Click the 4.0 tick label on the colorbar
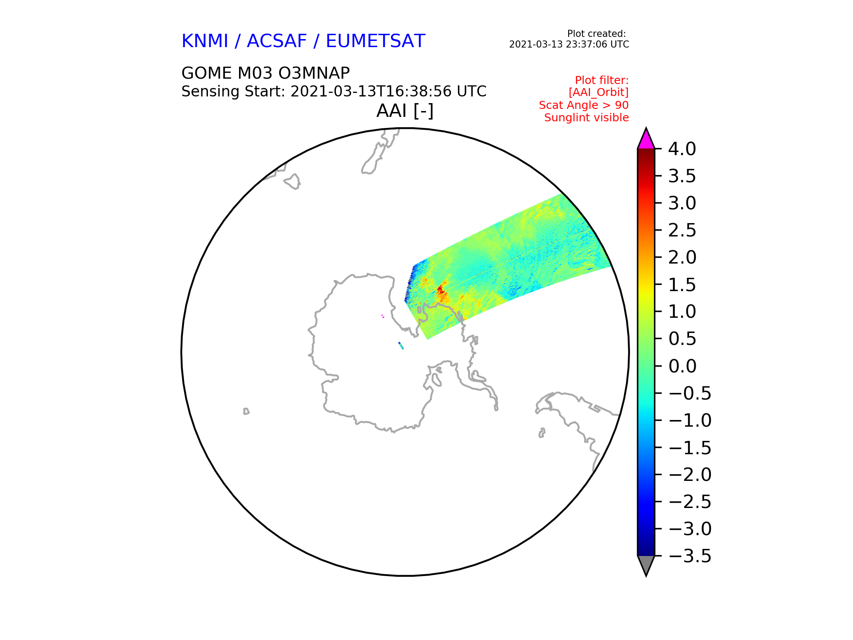[682, 149]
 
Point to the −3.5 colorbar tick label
[690, 556]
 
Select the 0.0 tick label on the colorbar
[682, 366]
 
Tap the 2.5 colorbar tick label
[682, 230]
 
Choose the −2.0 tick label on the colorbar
[690, 475]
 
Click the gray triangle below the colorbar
[646, 565]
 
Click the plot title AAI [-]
[405, 111]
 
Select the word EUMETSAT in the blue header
[375, 41]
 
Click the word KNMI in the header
[205, 41]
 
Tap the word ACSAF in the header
[277, 41]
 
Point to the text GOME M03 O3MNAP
[266, 73]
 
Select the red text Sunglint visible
[586, 118]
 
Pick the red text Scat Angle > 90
[584, 105]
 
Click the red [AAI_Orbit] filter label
[598, 92]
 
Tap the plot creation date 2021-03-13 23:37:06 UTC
[569, 44]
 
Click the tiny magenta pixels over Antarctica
[383, 316]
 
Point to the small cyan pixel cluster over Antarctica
[401, 345]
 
